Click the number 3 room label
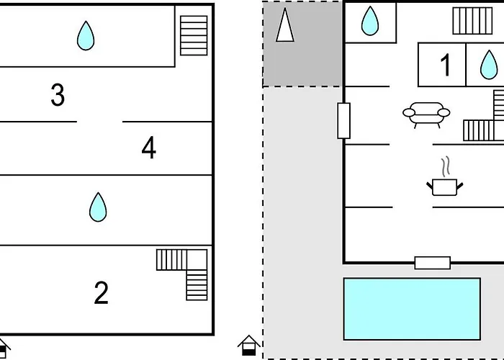pyautogui.click(x=58, y=95)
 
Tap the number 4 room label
pyautogui.click(x=148, y=148)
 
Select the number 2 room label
pyautogui.click(x=102, y=293)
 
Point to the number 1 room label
pyautogui.click(x=446, y=66)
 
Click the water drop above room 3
pyautogui.click(x=86, y=35)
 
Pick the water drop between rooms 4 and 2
pyautogui.click(x=98, y=207)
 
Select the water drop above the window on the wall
pyautogui.click(x=369, y=21)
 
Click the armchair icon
pyautogui.click(x=426, y=114)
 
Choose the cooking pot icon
pyautogui.click(x=445, y=186)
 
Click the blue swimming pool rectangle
pyautogui.click(x=411, y=309)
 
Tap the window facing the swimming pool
pyautogui.click(x=432, y=263)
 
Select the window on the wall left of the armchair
pyautogui.click(x=343, y=120)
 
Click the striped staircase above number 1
pyautogui.click(x=472, y=20)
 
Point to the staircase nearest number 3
pyautogui.click(x=193, y=35)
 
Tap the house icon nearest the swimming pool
pyautogui.click(x=248, y=345)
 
